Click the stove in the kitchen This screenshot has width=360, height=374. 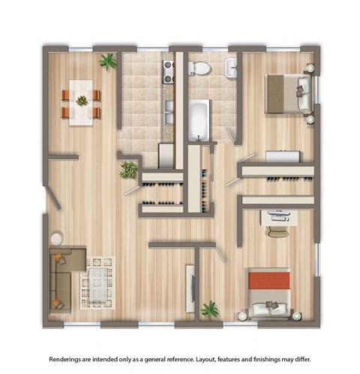tap(169, 71)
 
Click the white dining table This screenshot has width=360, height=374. tap(81, 103)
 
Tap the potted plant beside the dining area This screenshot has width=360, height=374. tap(109, 62)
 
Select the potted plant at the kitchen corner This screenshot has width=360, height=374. tap(128, 170)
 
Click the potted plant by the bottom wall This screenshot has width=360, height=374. tap(210, 309)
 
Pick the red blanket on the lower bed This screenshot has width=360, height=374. tap(268, 282)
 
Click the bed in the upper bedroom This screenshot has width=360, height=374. tap(289, 94)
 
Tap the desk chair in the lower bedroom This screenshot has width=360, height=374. tap(277, 231)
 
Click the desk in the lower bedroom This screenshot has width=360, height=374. tap(278, 217)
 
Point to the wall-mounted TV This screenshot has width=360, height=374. tap(191, 289)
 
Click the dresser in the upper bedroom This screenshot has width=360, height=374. tap(283, 157)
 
